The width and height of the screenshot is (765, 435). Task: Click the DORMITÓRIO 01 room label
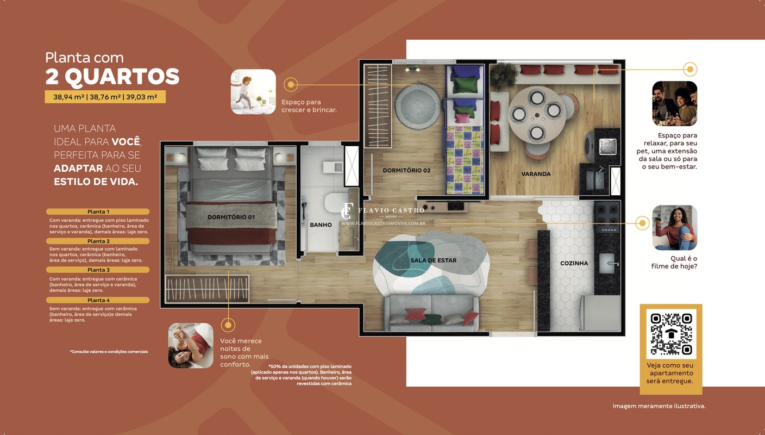coord(231,217)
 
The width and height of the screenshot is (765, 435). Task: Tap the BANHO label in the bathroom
coord(321,225)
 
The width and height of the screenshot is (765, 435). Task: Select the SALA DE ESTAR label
coord(433,260)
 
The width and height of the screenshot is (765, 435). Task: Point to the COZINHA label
coord(574,263)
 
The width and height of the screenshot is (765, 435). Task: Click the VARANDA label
coord(536,174)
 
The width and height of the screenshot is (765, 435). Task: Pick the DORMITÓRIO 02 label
coord(406,170)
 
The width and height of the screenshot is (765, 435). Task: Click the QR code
coord(671,334)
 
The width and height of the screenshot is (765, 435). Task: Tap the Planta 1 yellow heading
coord(98,212)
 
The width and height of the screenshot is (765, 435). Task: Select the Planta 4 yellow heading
coord(98,300)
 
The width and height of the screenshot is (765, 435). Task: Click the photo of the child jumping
coord(253,91)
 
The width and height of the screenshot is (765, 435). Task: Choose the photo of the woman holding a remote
coord(674,228)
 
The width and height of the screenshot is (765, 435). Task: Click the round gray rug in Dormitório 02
coord(418,106)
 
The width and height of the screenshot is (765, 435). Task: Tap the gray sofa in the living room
coord(431,313)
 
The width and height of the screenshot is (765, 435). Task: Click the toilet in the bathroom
coord(336,203)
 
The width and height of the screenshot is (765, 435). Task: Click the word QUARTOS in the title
coord(122,76)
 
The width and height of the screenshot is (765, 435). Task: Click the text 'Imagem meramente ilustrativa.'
coord(659,406)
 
